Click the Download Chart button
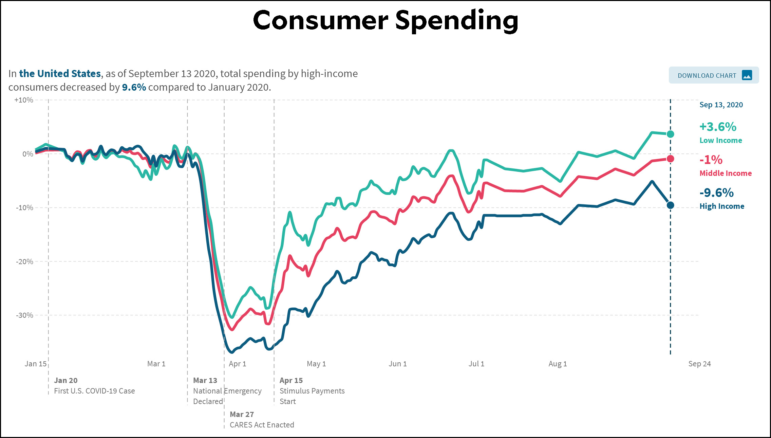714,75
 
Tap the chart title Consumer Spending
385,20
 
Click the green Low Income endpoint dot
670,134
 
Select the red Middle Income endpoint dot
670,159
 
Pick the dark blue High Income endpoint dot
670,205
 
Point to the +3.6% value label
718,127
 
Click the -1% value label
711,160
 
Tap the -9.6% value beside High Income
716,193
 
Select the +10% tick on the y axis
24,100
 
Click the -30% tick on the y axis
24,315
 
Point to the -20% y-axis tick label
24,261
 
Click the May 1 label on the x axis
316,364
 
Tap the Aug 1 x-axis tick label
558,364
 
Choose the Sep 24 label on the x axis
699,364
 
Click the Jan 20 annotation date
66,380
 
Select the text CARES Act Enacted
262,425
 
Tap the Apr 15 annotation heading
291,380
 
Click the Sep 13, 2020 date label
721,105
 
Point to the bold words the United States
60,73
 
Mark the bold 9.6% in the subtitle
134,87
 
